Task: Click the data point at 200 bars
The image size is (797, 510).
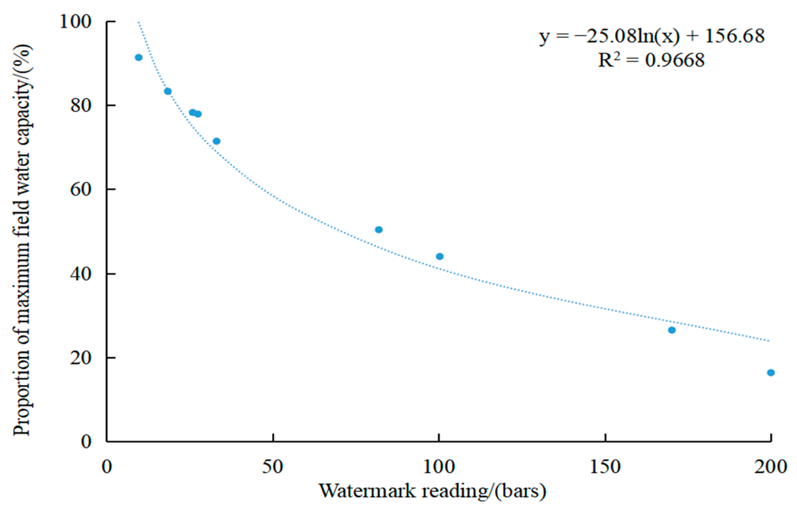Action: click(x=771, y=372)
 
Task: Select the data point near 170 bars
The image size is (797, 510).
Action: click(x=672, y=330)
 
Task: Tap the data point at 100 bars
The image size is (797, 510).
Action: click(x=440, y=256)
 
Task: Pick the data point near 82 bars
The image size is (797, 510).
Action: click(x=378, y=230)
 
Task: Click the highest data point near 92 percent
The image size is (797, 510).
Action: click(x=138, y=57)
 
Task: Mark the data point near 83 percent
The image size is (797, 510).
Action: click(x=168, y=91)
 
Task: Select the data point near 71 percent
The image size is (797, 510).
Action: click(x=216, y=141)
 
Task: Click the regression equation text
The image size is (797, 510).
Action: click(x=652, y=37)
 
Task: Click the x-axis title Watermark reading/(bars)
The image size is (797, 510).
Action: click(x=432, y=491)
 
